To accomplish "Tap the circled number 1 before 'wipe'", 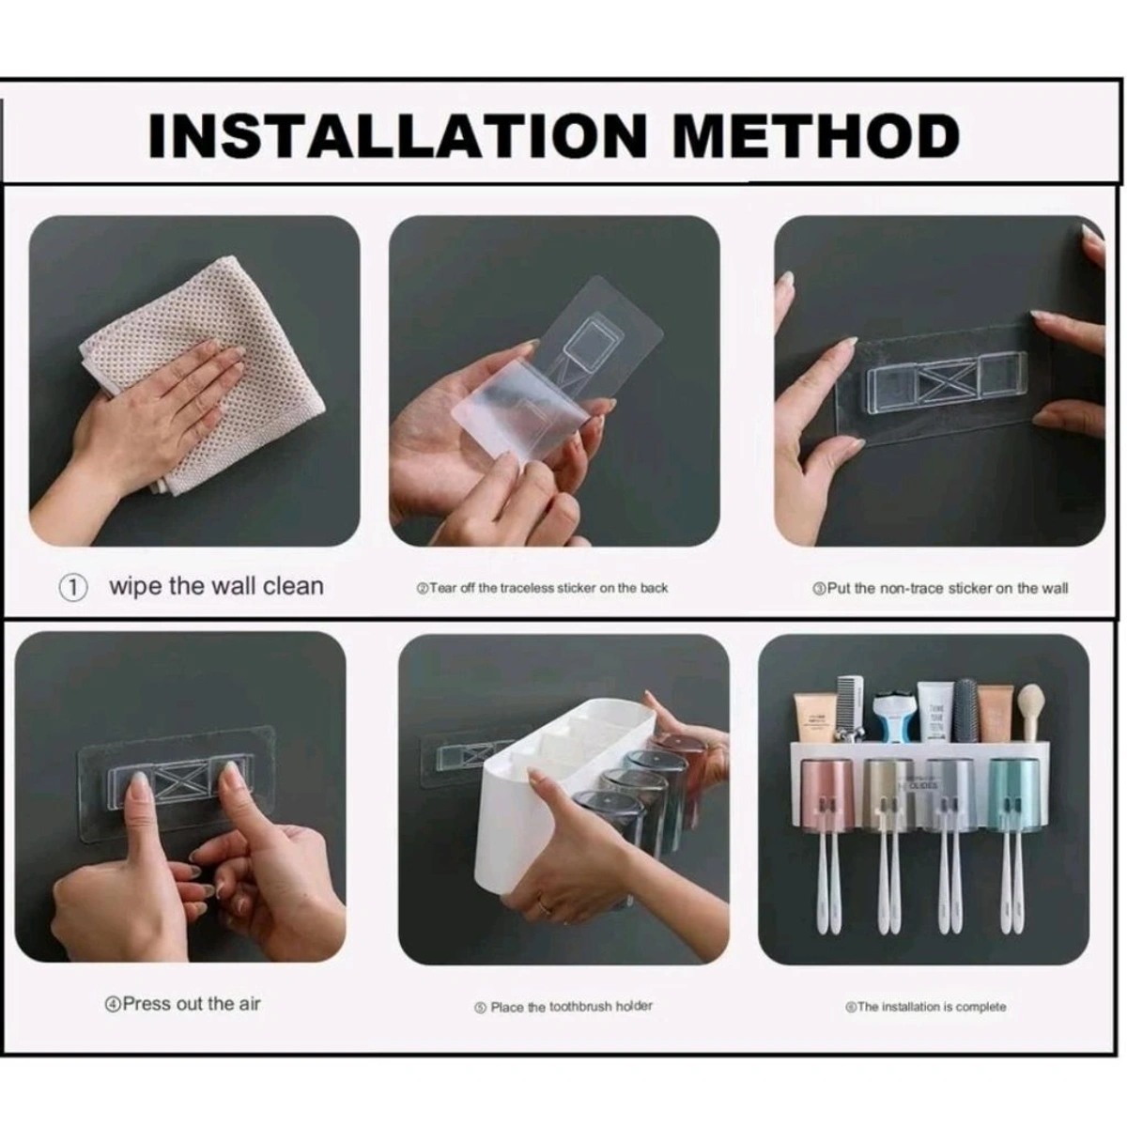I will click(73, 588).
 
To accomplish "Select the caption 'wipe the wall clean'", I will click(216, 586).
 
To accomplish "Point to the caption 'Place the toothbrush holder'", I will click(563, 1007).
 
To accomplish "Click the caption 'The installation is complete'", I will click(925, 1007).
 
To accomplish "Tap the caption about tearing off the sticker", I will click(543, 588).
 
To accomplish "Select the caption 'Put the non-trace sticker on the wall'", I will click(939, 588).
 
